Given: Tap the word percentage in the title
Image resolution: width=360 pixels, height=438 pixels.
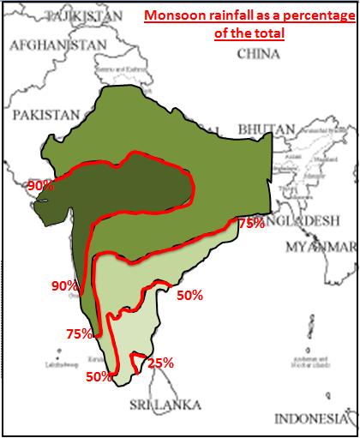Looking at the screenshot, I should coord(309,16).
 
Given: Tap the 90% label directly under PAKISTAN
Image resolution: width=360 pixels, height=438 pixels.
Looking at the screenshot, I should coord(39,185).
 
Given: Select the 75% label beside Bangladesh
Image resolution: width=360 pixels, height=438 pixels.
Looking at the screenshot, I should coord(250,223).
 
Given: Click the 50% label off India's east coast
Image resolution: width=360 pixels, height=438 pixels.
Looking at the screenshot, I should coord(189,296).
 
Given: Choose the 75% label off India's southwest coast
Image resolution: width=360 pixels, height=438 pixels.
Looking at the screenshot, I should coord(79,334).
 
